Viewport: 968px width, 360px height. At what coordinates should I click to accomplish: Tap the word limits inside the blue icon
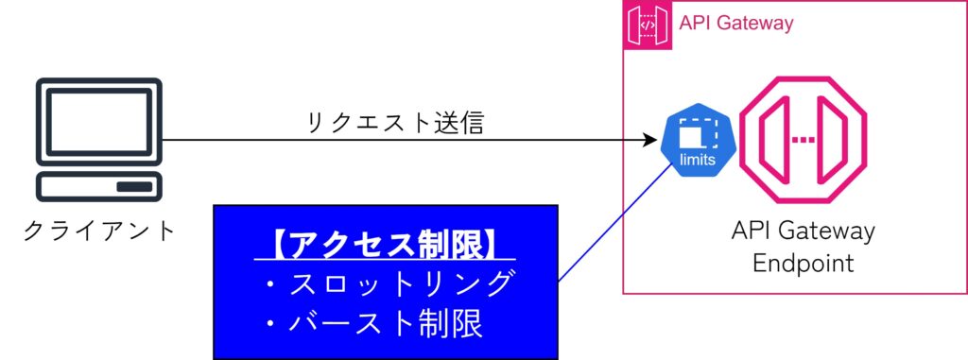tap(698, 160)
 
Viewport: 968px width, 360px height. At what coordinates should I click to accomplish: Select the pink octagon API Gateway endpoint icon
tap(803, 140)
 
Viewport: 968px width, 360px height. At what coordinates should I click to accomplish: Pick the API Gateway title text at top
tap(736, 24)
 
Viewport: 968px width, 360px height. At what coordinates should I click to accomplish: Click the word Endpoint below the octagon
tap(804, 263)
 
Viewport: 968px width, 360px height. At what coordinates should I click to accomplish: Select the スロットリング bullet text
tap(401, 283)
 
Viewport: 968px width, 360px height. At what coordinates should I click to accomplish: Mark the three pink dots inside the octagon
tap(803, 140)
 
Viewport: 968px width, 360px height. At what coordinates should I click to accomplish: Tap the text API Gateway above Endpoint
tap(804, 231)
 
